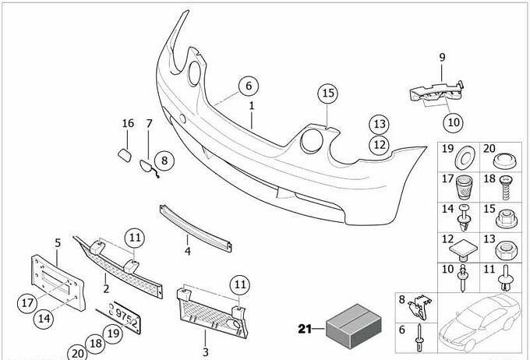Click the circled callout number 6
tap(247, 86)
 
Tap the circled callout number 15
tap(328, 94)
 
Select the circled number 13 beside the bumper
tap(379, 125)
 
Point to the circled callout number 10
tap(453, 122)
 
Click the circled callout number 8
tap(162, 161)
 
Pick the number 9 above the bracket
tap(441, 58)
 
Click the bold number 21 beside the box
tap(305, 329)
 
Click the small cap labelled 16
tap(122, 151)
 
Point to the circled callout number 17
tap(25, 302)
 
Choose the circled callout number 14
tap(44, 317)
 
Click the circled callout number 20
tap(76, 351)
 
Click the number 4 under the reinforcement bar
tap(188, 252)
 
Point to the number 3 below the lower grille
tap(206, 353)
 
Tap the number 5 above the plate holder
tap(57, 243)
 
